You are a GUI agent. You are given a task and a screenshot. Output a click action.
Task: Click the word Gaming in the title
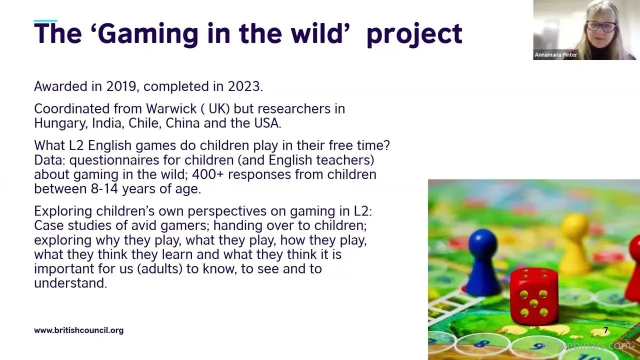click(x=148, y=34)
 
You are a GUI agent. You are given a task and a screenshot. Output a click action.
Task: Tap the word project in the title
click(x=414, y=35)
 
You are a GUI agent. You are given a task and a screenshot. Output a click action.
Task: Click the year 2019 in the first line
click(x=121, y=86)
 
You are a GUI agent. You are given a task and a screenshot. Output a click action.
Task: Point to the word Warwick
click(x=171, y=109)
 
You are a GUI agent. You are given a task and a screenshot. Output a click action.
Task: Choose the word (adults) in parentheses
click(x=159, y=269)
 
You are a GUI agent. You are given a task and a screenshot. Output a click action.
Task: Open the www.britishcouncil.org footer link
click(x=79, y=330)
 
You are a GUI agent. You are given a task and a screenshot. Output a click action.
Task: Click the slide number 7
click(x=605, y=330)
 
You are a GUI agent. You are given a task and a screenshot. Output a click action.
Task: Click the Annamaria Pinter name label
click(x=555, y=54)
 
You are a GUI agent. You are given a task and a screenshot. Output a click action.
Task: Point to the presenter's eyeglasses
click(x=601, y=27)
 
